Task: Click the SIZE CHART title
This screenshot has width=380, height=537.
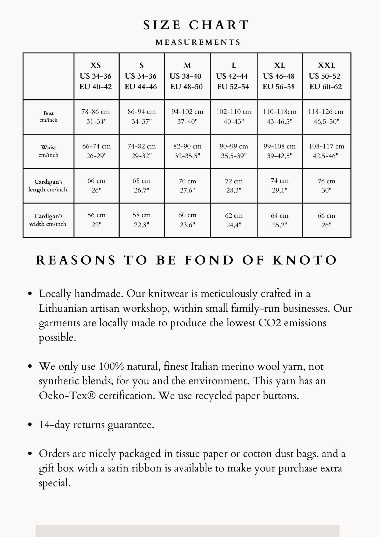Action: pos(196,25)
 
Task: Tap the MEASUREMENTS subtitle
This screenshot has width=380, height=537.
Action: pos(198,42)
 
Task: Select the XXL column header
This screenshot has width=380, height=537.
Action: pos(326,76)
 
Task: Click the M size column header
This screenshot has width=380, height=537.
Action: pos(187,76)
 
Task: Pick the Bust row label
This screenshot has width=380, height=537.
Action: pos(48,117)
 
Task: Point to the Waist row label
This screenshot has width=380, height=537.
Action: pos(48,151)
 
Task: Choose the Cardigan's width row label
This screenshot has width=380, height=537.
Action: pos(48,220)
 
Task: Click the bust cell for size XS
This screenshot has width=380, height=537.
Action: pos(96,117)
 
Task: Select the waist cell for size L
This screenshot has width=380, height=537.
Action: pos(234,151)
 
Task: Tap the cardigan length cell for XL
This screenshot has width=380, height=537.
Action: pos(279,185)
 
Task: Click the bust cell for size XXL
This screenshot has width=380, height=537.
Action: pos(326,117)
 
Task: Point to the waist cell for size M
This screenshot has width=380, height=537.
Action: pos(187,151)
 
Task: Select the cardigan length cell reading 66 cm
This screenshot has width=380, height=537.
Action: pos(96,185)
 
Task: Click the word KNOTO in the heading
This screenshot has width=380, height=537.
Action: pos(305,260)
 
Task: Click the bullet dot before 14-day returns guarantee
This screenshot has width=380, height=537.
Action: pos(30,425)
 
